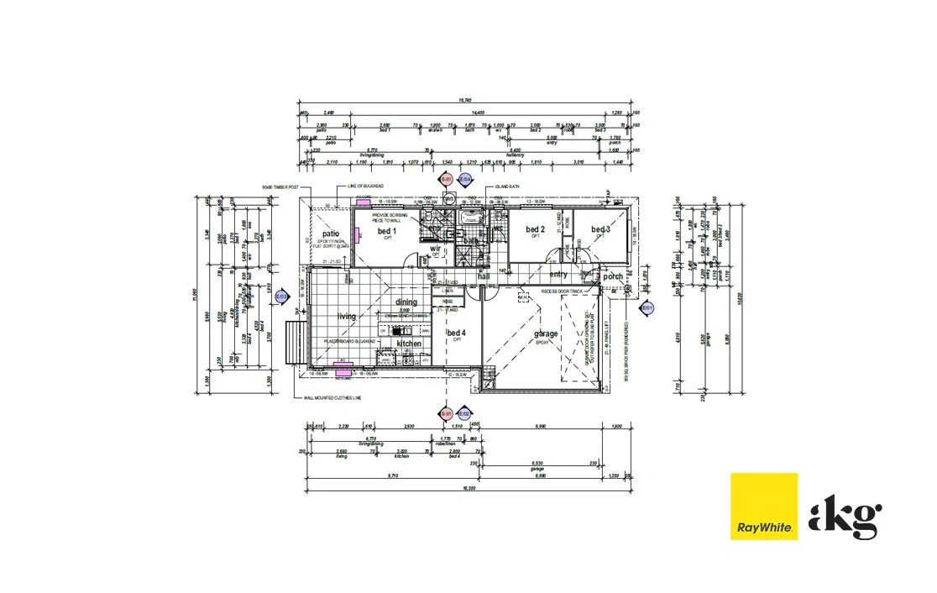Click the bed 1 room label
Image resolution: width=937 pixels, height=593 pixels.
pyautogui.click(x=386, y=231)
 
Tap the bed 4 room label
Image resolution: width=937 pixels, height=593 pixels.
pyautogui.click(x=456, y=333)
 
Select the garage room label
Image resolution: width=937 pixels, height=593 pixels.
pyautogui.click(x=546, y=334)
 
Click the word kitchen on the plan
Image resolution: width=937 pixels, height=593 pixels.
pyautogui.click(x=409, y=344)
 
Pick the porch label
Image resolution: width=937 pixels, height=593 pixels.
pyautogui.click(x=613, y=276)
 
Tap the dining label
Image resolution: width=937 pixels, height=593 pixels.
pyautogui.click(x=406, y=302)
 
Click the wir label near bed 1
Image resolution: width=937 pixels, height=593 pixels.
pyautogui.click(x=436, y=249)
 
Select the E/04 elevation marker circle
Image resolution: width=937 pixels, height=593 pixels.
pyautogui.click(x=466, y=180)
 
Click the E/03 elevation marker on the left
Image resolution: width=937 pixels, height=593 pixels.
pyautogui.click(x=282, y=296)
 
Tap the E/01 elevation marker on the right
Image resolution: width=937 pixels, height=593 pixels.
pyautogui.click(x=647, y=309)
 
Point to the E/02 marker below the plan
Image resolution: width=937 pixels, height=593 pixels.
pyautogui.click(x=464, y=413)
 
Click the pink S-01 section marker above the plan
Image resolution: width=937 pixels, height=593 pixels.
pyautogui.click(x=448, y=180)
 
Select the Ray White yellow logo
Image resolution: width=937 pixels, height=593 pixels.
pyautogui.click(x=763, y=506)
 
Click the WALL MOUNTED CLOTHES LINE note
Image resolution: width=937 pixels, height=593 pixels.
pyautogui.click(x=327, y=398)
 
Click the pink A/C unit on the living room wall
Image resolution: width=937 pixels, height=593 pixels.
pyautogui.click(x=342, y=362)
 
